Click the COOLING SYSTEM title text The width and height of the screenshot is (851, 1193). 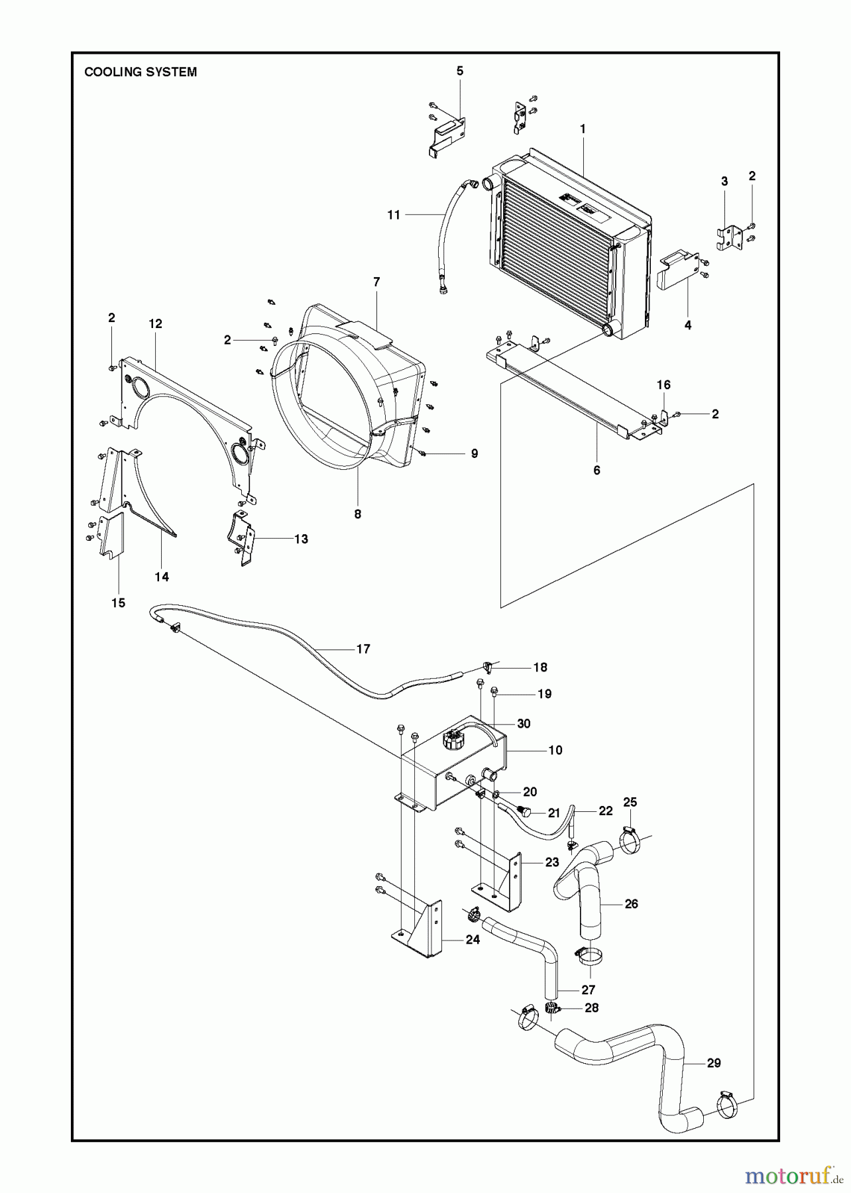(x=141, y=72)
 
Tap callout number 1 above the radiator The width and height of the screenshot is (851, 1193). (x=583, y=129)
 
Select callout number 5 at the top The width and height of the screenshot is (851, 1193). (x=460, y=71)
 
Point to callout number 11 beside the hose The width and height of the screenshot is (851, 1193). (x=394, y=215)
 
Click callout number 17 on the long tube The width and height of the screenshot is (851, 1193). (x=363, y=649)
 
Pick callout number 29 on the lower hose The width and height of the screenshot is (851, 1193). (x=713, y=1063)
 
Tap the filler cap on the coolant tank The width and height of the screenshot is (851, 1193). (x=453, y=738)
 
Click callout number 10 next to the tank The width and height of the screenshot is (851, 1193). (x=555, y=750)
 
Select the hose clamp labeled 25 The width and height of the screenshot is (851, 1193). (x=630, y=840)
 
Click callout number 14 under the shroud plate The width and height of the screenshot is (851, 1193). (x=162, y=577)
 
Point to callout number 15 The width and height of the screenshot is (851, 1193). (x=118, y=603)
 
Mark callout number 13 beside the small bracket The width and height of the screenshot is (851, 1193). (x=301, y=539)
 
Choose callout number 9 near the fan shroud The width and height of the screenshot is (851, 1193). (x=474, y=454)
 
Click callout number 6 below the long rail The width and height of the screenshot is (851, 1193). (x=596, y=470)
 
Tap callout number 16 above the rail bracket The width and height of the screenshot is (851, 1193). (x=663, y=385)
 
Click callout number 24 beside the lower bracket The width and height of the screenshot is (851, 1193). (x=472, y=939)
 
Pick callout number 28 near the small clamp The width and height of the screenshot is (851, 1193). (x=591, y=1007)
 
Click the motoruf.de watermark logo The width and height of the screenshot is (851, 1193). (x=788, y=1176)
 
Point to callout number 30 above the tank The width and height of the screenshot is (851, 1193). (x=524, y=724)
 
